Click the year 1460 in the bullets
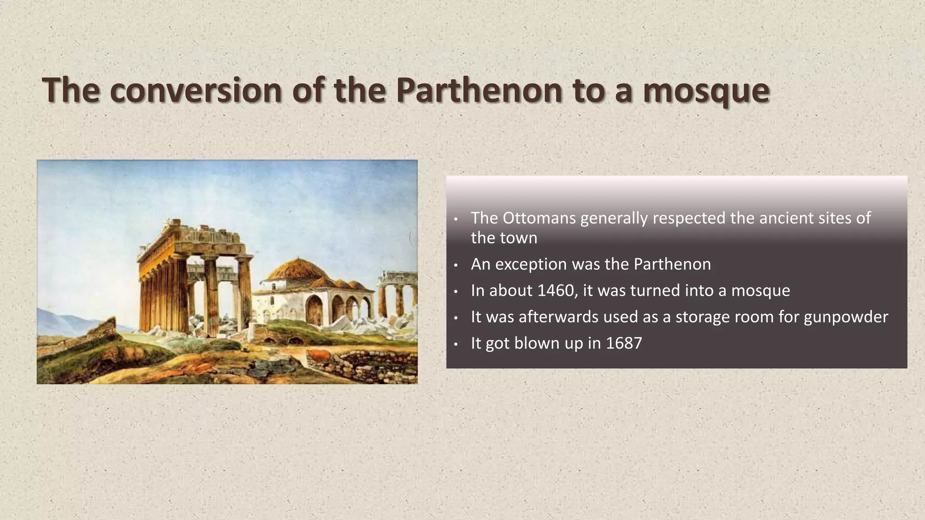point(553,290)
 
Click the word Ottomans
point(539,218)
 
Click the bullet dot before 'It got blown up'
point(456,344)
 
